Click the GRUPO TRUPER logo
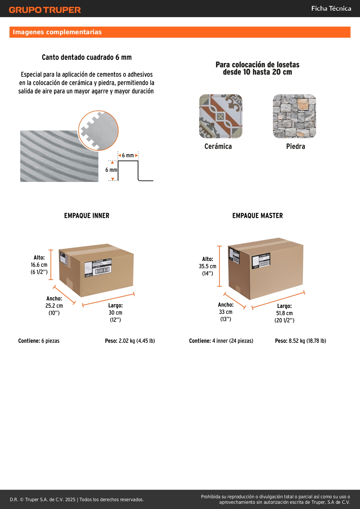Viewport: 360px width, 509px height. pyautogui.click(x=45, y=10)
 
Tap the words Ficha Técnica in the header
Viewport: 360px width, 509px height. pyautogui.click(x=331, y=9)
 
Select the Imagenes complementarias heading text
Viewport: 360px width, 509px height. pyautogui.click(x=57, y=32)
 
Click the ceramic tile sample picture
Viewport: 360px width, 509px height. pyautogui.click(x=220, y=116)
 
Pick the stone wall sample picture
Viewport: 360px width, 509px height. pyautogui.click(x=294, y=116)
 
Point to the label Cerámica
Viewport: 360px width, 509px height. pyautogui.click(x=218, y=147)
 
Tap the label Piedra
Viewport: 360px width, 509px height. pyautogui.click(x=296, y=147)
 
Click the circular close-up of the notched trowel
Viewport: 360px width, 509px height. pyautogui.click(x=98, y=131)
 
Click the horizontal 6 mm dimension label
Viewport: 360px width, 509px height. pyautogui.click(x=128, y=156)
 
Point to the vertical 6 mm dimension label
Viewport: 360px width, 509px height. pyautogui.click(x=111, y=170)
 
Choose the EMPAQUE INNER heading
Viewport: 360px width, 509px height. pyautogui.click(x=87, y=216)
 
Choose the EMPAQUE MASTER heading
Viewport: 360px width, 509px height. pyautogui.click(x=258, y=216)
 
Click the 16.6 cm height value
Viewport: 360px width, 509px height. pyautogui.click(x=39, y=265)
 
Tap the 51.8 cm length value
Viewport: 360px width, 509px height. pyautogui.click(x=284, y=313)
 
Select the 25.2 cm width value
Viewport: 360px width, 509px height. pyautogui.click(x=54, y=306)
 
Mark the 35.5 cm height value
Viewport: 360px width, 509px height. pyautogui.click(x=207, y=266)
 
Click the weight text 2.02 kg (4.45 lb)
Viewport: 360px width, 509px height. pyautogui.click(x=137, y=341)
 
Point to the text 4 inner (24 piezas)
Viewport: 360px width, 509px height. pyautogui.click(x=233, y=341)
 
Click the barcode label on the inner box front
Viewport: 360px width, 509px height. pyautogui.click(x=98, y=268)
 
